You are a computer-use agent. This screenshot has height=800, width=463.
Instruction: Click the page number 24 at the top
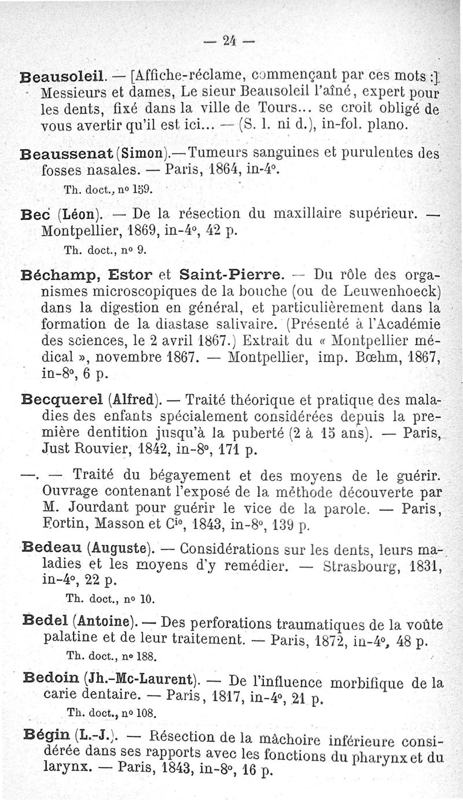point(231,42)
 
